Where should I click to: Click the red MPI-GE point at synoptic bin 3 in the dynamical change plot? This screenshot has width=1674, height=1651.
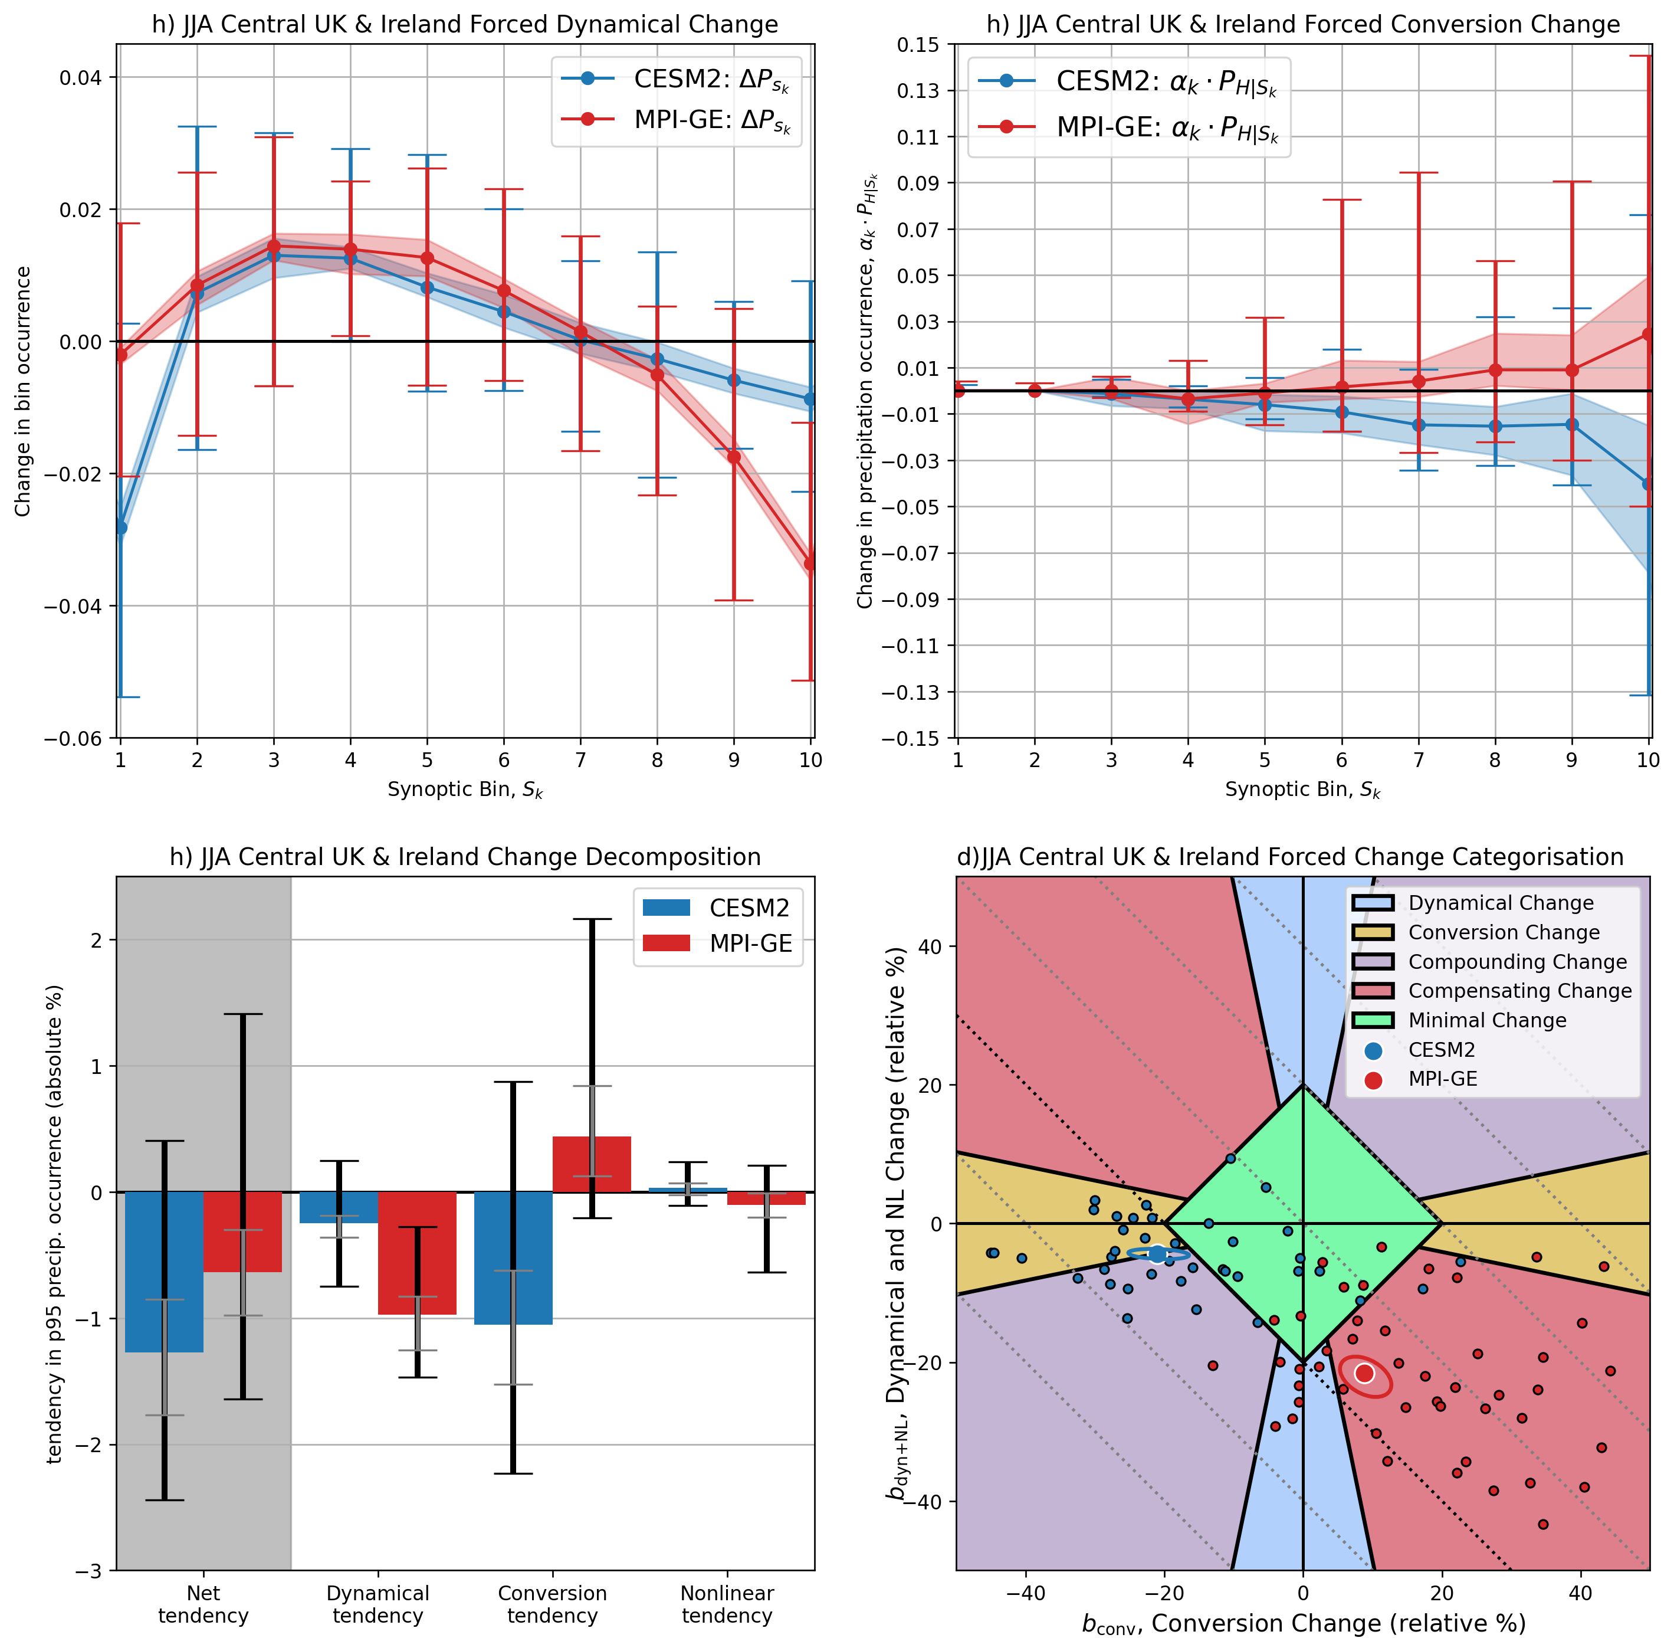coord(274,246)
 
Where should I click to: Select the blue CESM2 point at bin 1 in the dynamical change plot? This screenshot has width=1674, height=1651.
coord(120,527)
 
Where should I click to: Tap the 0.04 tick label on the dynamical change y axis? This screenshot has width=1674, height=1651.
coord(80,78)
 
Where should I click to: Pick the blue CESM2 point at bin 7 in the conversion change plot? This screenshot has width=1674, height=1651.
coord(1419,425)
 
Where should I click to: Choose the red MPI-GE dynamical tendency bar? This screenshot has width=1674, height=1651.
coord(417,1252)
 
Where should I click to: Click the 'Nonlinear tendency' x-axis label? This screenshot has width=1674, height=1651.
coord(727,1604)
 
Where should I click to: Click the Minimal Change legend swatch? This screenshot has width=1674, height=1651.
coord(1373,1020)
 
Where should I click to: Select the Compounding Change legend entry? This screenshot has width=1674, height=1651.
coord(1517,962)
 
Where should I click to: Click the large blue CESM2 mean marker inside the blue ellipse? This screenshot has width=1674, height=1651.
coord(1158,1254)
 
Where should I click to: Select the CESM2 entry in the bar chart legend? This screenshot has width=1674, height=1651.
coord(749,908)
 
